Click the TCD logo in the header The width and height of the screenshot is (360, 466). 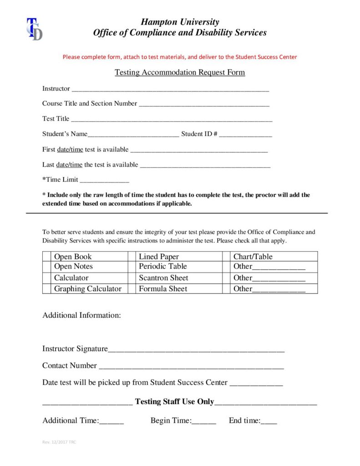(x=34, y=29)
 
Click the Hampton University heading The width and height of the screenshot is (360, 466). (x=180, y=22)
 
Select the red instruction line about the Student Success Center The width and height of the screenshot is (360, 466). (x=180, y=57)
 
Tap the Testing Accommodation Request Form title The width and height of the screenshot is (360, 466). (x=180, y=72)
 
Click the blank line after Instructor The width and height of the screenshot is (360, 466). (x=170, y=89)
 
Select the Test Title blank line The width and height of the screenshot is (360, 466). (x=172, y=119)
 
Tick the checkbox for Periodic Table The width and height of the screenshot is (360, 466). (x=132, y=267)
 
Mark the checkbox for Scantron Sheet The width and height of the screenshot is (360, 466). (x=132, y=278)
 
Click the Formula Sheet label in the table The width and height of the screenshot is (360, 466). (x=163, y=289)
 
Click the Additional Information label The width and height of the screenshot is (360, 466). (x=81, y=315)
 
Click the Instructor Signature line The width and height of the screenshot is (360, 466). (x=196, y=349)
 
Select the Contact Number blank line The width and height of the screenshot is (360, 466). (x=191, y=366)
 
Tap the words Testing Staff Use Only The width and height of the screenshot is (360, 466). (x=174, y=401)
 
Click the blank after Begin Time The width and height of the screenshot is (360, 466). (x=204, y=421)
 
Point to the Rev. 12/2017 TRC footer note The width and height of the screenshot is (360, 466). (x=59, y=442)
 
